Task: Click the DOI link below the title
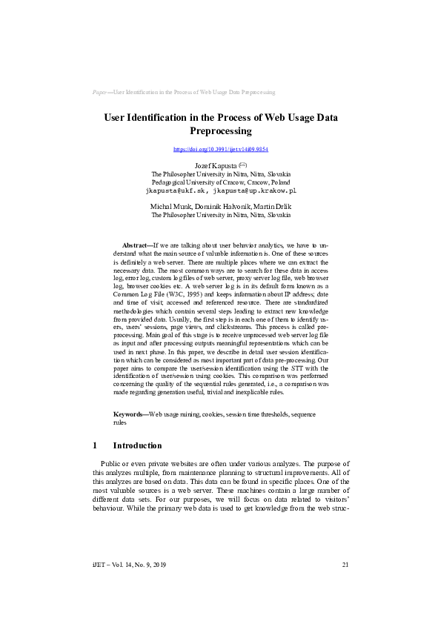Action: click(x=220, y=149)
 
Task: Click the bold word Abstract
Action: click(x=135, y=245)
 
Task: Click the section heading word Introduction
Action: click(x=137, y=446)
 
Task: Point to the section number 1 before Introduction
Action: click(x=95, y=446)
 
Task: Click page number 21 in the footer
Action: click(x=345, y=565)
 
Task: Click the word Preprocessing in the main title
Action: click(x=220, y=131)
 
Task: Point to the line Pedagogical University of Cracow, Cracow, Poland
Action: click(x=220, y=181)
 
